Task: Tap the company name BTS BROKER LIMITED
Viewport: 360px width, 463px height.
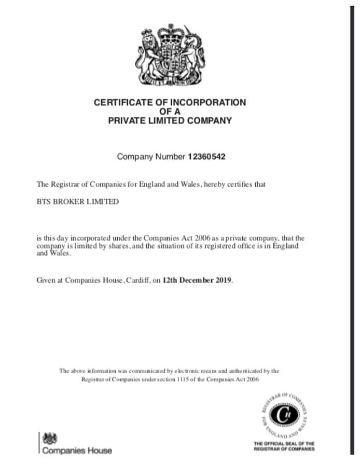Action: (x=77, y=201)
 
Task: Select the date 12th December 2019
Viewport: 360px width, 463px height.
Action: (x=198, y=280)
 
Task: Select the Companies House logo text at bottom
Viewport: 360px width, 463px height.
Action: (x=77, y=451)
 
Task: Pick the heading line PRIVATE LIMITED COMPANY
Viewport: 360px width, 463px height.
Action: (x=170, y=121)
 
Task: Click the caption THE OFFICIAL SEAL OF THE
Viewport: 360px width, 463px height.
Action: (x=284, y=444)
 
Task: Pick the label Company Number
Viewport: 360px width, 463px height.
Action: (x=151, y=156)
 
